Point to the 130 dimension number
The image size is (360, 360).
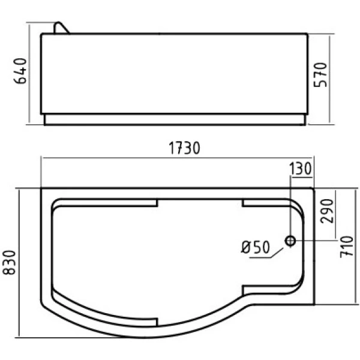(300, 169)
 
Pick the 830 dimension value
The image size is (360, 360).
(10, 262)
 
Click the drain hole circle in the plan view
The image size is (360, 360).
(291, 241)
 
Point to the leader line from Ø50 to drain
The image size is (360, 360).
(278, 251)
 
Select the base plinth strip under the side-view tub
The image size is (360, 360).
(174, 120)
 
